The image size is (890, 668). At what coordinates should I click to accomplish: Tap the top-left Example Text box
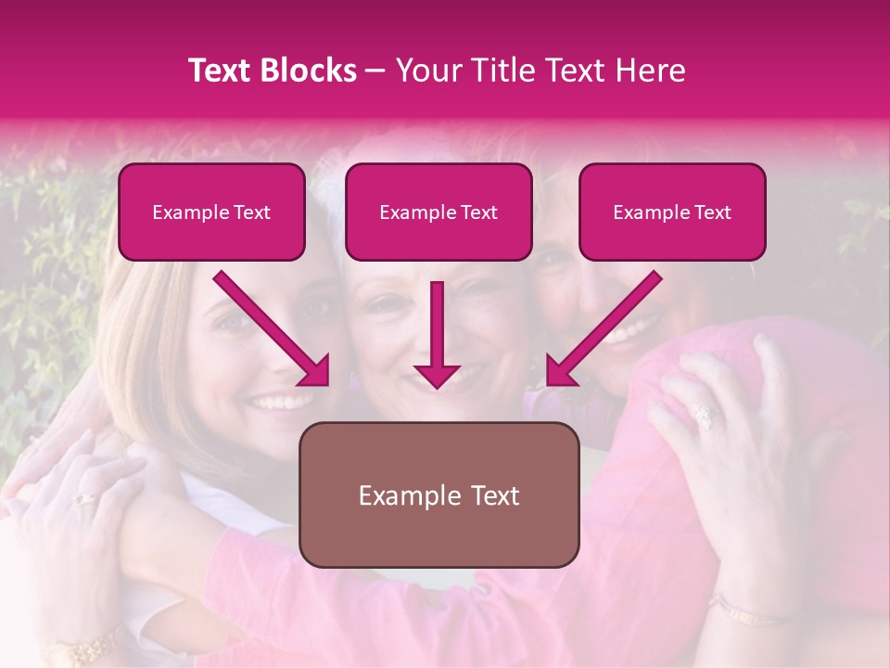coord(211,212)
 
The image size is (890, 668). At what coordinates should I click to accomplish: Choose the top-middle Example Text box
coord(439,212)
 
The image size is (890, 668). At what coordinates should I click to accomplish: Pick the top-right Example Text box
coord(672,212)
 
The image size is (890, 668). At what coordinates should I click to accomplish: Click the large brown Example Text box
coord(439,495)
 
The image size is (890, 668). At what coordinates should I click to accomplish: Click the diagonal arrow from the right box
coord(604,328)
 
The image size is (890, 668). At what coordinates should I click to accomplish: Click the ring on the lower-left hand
coord(85,498)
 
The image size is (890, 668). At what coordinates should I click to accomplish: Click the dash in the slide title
coord(375,71)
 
